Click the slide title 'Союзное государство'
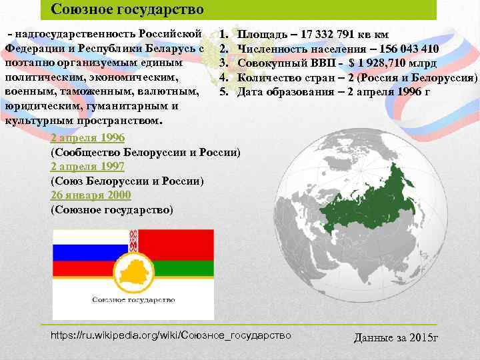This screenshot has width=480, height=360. coord(127,9)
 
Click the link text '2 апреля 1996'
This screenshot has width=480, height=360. coord(87,138)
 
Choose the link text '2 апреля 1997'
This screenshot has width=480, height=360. coord(87,167)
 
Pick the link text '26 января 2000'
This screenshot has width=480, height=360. coord(91,195)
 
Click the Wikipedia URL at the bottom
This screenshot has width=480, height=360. coord(171,335)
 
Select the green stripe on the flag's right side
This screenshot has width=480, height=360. coord(193,268)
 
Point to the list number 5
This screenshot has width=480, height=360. coord(224,92)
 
